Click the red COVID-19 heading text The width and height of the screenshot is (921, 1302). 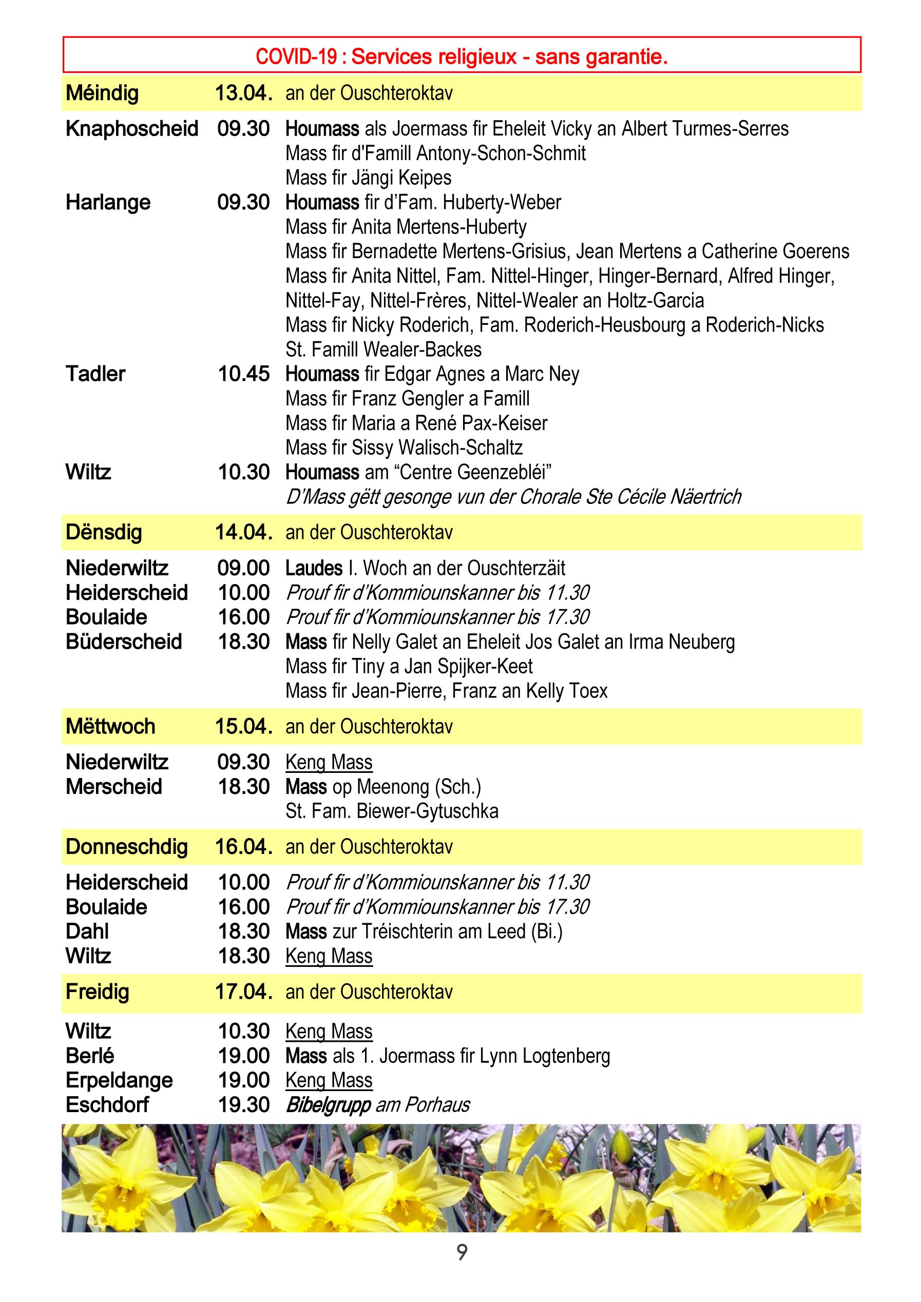click(462, 56)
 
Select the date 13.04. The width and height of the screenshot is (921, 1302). click(243, 93)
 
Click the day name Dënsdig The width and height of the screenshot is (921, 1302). click(103, 533)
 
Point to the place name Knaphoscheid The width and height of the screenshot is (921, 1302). click(131, 129)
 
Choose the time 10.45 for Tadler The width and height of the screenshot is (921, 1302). click(244, 374)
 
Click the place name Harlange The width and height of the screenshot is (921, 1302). click(108, 202)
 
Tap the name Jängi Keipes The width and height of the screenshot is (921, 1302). click(401, 178)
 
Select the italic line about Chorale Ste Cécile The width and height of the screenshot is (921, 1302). click(513, 497)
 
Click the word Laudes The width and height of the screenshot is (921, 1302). click(314, 568)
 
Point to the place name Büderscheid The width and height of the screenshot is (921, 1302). click(124, 642)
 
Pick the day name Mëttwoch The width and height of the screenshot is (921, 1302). click(110, 726)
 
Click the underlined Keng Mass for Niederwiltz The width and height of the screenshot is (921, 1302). click(329, 762)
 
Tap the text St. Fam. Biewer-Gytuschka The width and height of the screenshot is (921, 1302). click(392, 811)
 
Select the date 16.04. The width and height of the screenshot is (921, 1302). click(243, 847)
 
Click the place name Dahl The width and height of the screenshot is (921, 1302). click(87, 931)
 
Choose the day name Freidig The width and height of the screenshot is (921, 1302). click(97, 992)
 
